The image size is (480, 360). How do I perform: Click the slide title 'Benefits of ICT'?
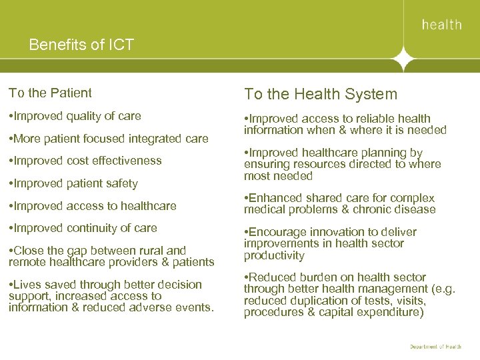(81, 45)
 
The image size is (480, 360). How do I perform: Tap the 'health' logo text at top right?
(441, 25)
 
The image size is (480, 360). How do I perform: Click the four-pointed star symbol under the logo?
(403, 61)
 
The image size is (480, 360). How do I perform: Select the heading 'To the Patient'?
(50, 93)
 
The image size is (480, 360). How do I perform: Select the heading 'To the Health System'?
(320, 95)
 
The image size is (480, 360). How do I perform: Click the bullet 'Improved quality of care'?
(75, 116)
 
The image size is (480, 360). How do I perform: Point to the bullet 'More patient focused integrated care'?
(108, 139)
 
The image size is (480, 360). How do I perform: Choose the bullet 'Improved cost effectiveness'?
(85, 161)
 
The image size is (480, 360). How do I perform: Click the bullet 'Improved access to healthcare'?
(92, 206)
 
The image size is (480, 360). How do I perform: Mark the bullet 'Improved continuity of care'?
(83, 228)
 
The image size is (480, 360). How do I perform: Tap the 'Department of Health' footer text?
(435, 347)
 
